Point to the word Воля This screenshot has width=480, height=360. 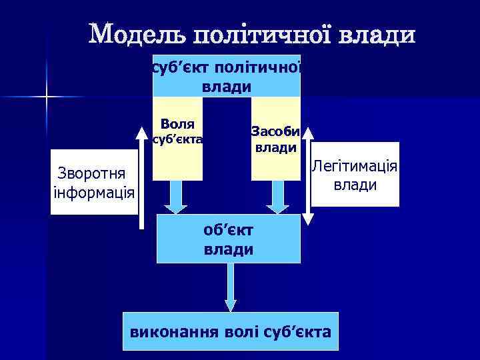click(177, 124)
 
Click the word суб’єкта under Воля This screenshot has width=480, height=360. click(177, 140)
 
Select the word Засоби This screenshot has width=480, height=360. click(275, 131)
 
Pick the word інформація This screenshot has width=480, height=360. click(93, 193)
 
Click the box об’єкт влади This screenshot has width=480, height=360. click(228, 239)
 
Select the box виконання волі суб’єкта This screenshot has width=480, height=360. click(231, 331)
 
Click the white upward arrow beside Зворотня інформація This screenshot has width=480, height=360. click(141, 180)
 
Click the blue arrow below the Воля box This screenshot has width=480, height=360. click(176, 197)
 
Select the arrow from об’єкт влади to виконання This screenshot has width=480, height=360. click(231, 287)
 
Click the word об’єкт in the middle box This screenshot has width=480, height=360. click(228, 231)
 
